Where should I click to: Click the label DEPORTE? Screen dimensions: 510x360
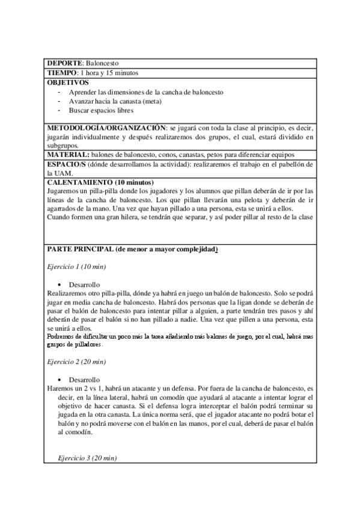pyautogui.click(x=66, y=63)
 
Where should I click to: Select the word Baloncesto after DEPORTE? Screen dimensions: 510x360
pyautogui.click(x=103, y=63)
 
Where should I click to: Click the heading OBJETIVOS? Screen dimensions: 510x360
pyautogui.click(x=68, y=82)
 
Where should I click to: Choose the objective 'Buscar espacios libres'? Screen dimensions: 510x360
pyautogui.click(x=101, y=111)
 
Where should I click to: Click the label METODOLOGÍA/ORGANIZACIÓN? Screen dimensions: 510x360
pyautogui.click(x=106, y=129)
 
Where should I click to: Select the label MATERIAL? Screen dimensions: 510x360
pyautogui.click(x=67, y=155)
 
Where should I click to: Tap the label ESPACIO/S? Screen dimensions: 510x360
pyautogui.click(x=66, y=164)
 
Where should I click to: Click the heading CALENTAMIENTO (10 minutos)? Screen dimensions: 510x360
pyautogui.click(x=100, y=182)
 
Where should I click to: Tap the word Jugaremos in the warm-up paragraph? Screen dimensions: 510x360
pyautogui.click(x=63, y=191)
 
